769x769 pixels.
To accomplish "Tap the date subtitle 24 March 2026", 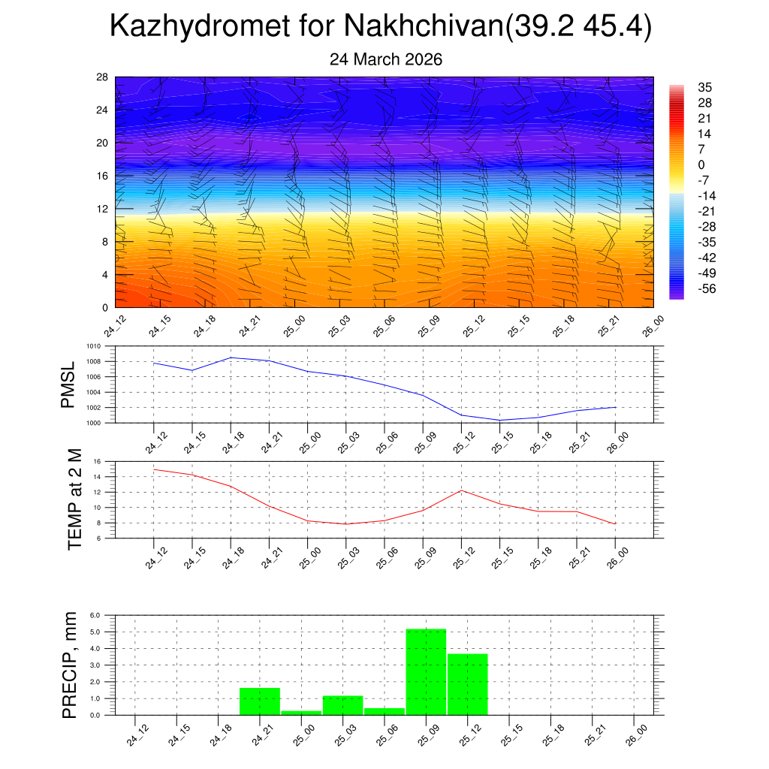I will [x=386, y=59].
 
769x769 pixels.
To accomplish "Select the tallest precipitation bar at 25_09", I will [x=426, y=671].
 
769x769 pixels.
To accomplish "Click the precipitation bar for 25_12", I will [x=467, y=684].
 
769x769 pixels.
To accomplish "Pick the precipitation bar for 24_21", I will [x=260, y=701].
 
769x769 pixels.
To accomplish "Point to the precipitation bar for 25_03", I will [x=342, y=705].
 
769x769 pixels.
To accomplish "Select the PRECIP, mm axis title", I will [x=69, y=665].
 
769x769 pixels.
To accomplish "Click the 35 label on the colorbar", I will [x=704, y=87].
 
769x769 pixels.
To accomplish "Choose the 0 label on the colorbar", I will [x=701, y=165].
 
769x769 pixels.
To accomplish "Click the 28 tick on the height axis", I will [x=103, y=77].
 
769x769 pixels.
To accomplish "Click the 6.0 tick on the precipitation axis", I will [x=95, y=615].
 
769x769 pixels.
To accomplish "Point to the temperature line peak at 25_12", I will [x=461, y=490].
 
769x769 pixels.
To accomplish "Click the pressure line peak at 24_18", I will [x=231, y=357].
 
